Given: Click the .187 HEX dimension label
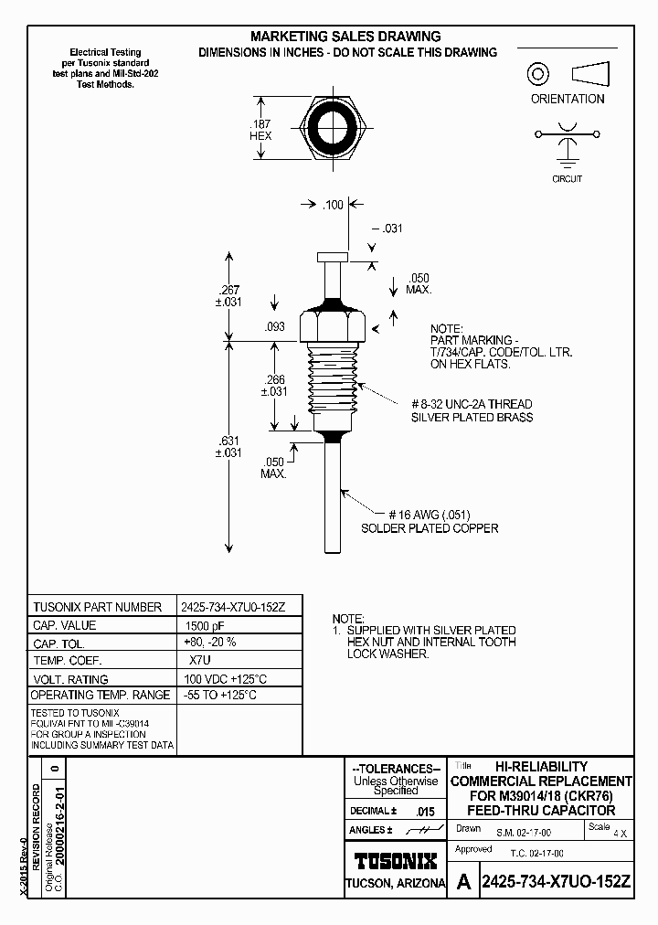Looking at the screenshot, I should click(x=260, y=129).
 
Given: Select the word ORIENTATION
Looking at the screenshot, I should click(x=568, y=99).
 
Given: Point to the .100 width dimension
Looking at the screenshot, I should click(x=333, y=205).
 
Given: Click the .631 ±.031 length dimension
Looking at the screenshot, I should click(x=228, y=447).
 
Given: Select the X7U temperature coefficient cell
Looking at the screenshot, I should click(x=200, y=661).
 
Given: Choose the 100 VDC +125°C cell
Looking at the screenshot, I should click(x=224, y=678).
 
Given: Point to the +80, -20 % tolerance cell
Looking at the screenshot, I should click(x=210, y=643).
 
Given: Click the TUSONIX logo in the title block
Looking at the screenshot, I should click(x=395, y=860).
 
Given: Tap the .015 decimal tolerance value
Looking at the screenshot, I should click(x=425, y=812).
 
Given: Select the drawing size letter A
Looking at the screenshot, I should click(x=464, y=882).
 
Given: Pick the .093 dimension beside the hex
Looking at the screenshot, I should click(x=274, y=326).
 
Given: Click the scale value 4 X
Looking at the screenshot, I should click(x=621, y=834).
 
